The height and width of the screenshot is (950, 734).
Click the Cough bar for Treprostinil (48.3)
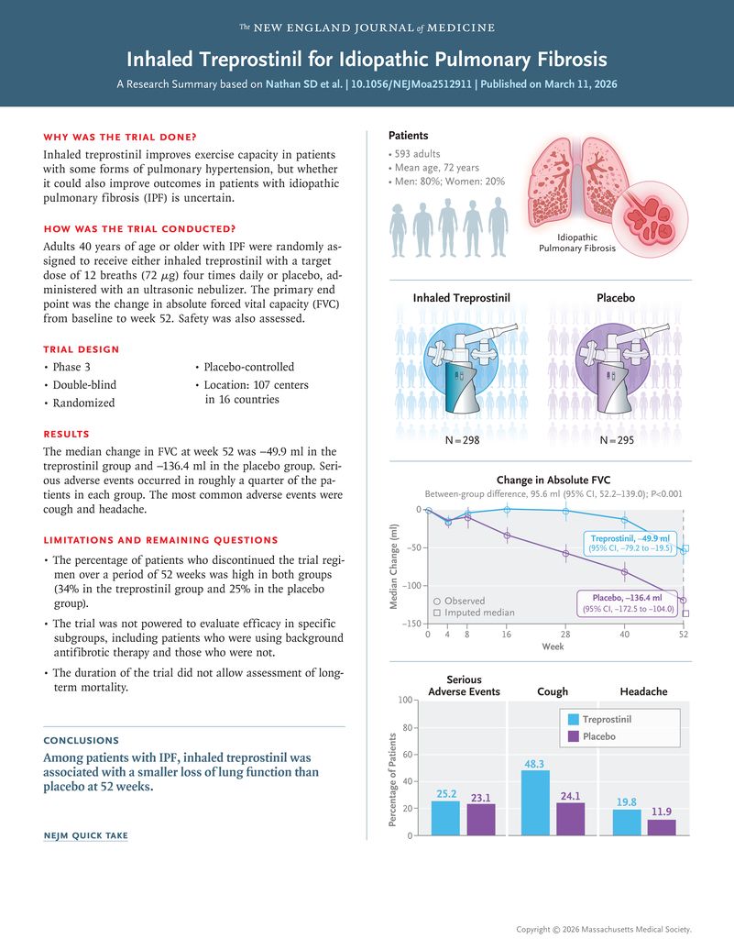click(535, 802)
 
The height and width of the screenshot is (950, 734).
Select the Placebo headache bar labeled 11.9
click(661, 827)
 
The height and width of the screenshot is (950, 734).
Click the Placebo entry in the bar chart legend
click(598, 736)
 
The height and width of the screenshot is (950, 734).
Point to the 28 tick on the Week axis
click(565, 634)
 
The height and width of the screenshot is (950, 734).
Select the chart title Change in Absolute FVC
click(553, 480)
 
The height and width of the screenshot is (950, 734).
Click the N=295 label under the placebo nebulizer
click(616, 441)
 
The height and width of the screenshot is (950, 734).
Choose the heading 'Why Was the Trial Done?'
click(120, 137)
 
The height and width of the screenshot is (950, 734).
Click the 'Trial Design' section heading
click(81, 349)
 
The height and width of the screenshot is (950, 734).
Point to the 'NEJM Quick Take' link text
click(85, 835)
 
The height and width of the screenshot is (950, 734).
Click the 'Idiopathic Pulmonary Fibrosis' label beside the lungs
click(577, 243)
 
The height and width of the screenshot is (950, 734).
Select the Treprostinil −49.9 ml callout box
click(629, 542)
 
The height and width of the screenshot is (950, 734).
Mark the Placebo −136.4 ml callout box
click(627, 602)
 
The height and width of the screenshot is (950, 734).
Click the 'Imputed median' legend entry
click(474, 612)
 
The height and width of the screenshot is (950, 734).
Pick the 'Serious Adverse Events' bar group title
click(464, 685)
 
